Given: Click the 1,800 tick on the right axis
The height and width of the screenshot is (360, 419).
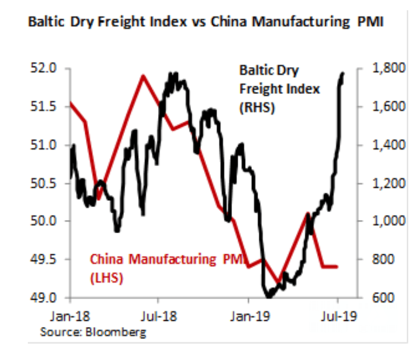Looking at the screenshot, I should (x=386, y=68).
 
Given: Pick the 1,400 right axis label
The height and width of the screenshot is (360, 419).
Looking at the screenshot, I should (x=386, y=145).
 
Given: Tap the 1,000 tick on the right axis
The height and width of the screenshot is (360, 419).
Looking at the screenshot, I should (x=386, y=221).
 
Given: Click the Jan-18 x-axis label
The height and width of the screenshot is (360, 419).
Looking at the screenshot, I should (x=69, y=315).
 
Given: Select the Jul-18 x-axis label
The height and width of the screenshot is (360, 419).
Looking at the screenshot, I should (x=158, y=315).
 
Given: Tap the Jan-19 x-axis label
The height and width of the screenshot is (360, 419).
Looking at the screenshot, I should (x=248, y=315).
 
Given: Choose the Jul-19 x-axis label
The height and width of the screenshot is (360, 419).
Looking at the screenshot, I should (x=338, y=315).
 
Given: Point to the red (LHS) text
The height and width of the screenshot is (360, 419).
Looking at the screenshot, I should (x=106, y=278).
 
